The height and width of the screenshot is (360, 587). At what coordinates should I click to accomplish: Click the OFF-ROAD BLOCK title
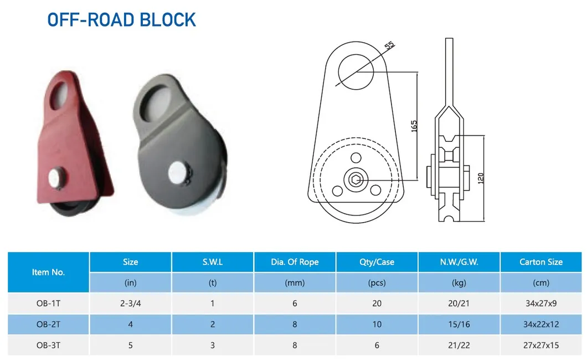121,20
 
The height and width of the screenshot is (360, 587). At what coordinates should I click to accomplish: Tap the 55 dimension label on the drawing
389,45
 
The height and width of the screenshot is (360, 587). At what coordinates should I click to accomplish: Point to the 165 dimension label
414,126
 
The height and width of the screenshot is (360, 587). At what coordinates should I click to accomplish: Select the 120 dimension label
481,178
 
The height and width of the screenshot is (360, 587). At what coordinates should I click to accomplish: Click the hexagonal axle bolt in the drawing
356,180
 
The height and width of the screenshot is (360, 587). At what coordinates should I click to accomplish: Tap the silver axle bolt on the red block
57,178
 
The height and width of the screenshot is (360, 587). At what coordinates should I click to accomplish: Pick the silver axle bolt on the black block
178,173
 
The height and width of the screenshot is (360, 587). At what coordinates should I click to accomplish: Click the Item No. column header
48,272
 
